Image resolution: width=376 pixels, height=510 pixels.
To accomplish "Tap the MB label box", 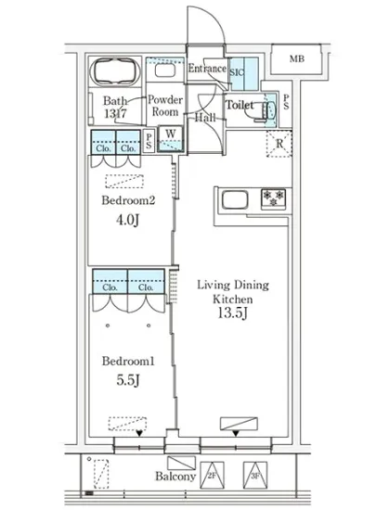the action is pos(296,58).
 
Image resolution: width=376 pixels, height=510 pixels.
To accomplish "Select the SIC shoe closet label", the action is pos(237,72).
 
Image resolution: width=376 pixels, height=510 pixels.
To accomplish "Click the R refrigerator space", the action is pos(279,144).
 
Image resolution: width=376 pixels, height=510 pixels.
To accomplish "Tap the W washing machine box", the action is pos(171,139).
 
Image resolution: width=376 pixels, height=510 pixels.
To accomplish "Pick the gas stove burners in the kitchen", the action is pos(273,198).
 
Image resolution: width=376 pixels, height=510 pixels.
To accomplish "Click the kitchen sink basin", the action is pos(235,199).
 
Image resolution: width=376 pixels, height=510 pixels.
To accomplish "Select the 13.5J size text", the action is pos(233,312).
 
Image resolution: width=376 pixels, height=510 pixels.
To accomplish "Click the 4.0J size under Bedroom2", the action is pos(128,220).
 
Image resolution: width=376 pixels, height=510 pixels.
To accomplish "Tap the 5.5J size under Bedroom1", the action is pos(128,379).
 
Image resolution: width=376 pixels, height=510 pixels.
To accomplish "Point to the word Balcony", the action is pos(175,477).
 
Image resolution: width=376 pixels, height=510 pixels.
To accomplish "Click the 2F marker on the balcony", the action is pos(212,475).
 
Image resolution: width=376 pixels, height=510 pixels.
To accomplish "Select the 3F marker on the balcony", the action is pos(255,475).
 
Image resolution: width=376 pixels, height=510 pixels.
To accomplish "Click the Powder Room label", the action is pos(165,106).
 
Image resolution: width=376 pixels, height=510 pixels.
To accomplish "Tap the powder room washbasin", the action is pos(165,70).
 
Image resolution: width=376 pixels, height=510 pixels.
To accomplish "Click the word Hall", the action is pos(205,117).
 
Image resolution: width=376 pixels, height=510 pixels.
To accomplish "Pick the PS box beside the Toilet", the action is pos(286,102).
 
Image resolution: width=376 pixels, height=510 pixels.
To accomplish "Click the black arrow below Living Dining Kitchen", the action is pos(236,433).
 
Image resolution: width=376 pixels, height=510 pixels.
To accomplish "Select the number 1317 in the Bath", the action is pos(115,114).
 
